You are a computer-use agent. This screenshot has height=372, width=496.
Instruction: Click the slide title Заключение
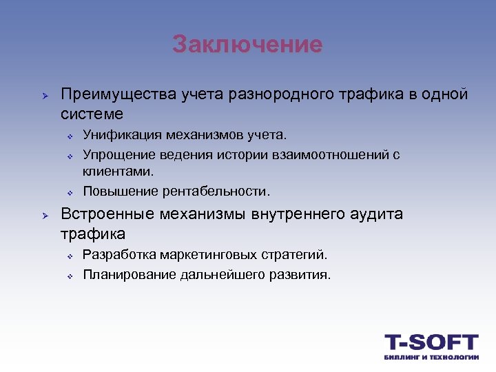coord(247,45)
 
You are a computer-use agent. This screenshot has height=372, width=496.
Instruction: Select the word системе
coord(92,113)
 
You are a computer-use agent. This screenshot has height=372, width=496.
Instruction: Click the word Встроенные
coord(107,214)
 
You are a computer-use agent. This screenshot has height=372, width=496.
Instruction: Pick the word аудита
coord(375,214)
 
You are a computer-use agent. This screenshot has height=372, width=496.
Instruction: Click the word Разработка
coord(119,255)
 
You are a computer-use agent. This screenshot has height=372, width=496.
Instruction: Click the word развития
coord(302,274)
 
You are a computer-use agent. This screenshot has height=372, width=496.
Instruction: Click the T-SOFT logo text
coord(431,342)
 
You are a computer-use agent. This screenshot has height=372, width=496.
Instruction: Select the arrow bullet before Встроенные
coord(42,215)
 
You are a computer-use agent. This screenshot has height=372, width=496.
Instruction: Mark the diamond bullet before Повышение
coord(70,191)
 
